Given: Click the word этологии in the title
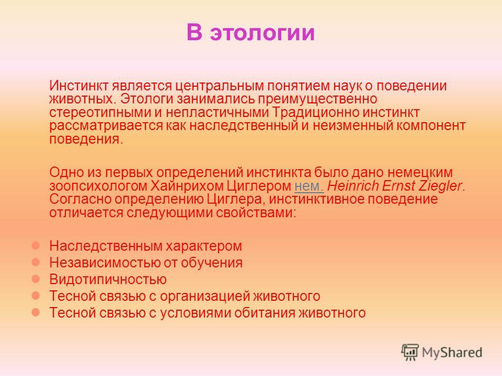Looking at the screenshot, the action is [262, 32].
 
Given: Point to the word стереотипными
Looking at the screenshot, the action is [100, 113].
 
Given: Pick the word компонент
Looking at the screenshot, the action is [431, 126].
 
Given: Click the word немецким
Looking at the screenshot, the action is [420, 172].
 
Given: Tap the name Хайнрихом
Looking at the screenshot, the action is [187, 186].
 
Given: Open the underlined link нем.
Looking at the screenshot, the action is [309, 186].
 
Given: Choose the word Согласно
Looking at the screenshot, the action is [80, 199].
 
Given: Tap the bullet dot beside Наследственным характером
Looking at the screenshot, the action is [36, 245].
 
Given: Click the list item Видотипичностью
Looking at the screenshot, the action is [108, 279].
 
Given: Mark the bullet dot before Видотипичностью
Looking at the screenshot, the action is [36, 279].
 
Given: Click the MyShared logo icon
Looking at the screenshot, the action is [410, 352].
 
